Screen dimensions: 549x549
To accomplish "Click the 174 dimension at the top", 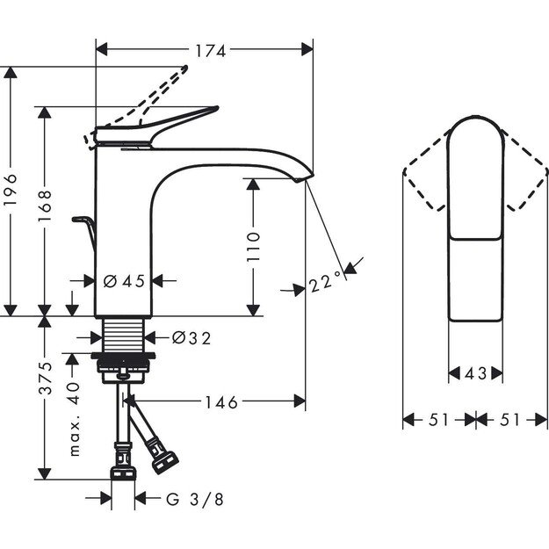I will pos(205,50).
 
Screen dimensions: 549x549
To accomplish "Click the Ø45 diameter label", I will pos(123,281).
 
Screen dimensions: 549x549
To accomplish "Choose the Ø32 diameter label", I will pos(191,337).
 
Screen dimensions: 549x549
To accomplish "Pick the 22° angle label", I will pos(326,283).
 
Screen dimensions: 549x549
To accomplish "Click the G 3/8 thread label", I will pos(195,500).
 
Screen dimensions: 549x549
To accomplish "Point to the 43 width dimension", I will pos(475,373).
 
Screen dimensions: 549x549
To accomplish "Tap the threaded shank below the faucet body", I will pos(123,336).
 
